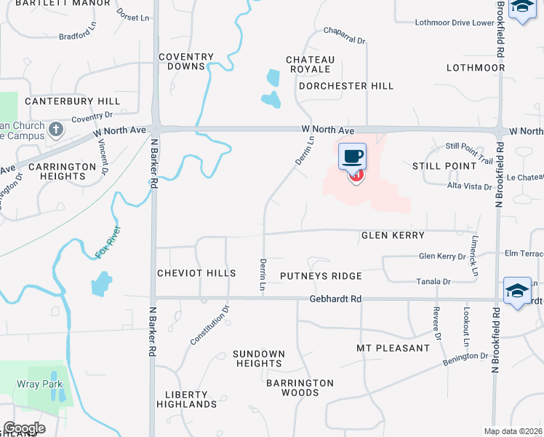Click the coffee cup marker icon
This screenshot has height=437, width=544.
(x=353, y=155)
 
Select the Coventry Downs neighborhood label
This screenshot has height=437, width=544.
(x=187, y=61)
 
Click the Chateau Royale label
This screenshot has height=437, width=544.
(x=310, y=64)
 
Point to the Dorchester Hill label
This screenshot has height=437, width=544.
(x=346, y=86)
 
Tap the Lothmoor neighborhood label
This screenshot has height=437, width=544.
(x=476, y=68)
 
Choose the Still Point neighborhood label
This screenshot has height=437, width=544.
(x=444, y=166)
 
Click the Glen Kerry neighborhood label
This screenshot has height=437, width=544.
(x=393, y=236)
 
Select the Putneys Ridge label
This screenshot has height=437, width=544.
(x=321, y=276)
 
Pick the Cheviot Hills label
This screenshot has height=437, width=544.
(x=196, y=273)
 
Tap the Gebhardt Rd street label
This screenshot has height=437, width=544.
(x=335, y=299)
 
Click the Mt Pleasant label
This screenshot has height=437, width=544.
(x=393, y=348)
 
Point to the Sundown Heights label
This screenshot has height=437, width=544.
(x=259, y=358)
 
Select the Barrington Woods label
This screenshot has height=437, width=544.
(x=300, y=387)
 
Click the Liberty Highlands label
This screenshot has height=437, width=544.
(x=186, y=399)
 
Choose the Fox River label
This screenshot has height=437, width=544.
(x=108, y=243)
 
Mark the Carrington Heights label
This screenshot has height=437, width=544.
(x=63, y=171)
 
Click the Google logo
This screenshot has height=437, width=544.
(x=24, y=428)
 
